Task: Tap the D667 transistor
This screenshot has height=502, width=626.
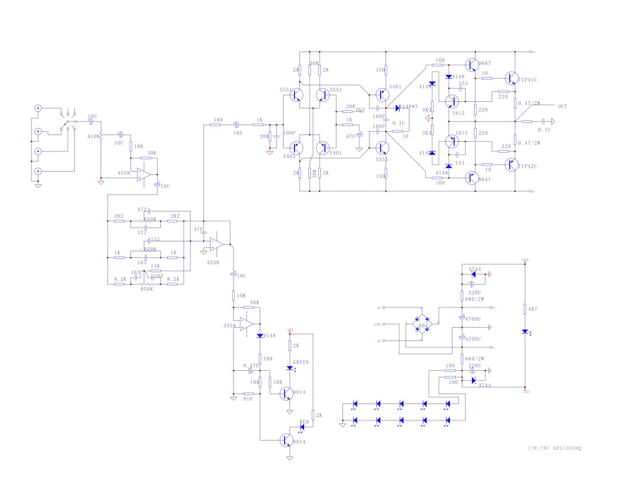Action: (x=472, y=65)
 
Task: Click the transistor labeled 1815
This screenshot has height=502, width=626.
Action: (x=451, y=102)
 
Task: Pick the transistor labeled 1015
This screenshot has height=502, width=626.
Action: (x=451, y=142)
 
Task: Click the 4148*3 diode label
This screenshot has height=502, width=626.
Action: (x=410, y=106)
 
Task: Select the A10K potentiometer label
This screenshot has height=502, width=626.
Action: (x=93, y=136)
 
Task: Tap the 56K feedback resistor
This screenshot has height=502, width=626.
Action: (x=254, y=303)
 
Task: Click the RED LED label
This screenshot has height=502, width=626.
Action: (x=304, y=422)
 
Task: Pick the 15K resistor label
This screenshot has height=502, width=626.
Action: (x=155, y=265)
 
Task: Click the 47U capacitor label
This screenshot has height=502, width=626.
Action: (x=350, y=136)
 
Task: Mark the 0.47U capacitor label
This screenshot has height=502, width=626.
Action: (x=251, y=366)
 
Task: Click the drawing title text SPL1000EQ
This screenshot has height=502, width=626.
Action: (x=567, y=448)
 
